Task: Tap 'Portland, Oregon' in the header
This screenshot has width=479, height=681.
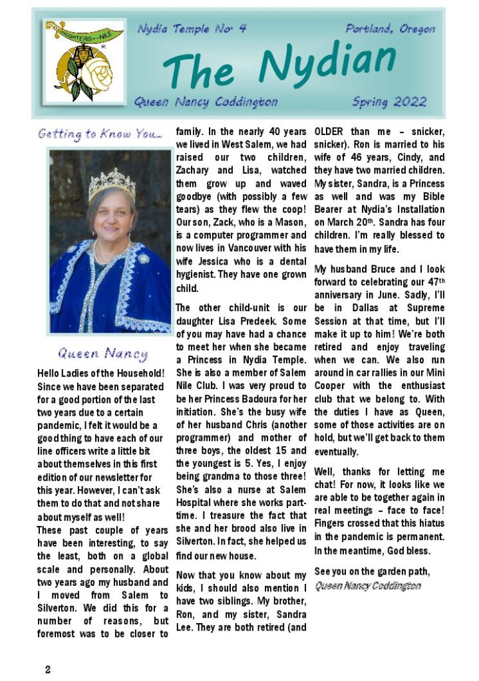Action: point(391,29)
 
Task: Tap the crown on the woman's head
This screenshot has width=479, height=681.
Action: point(112,183)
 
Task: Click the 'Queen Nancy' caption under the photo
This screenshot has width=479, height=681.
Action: point(102,353)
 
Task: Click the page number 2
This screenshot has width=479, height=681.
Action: point(48,669)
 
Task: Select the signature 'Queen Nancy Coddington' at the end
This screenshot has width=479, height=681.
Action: point(367,585)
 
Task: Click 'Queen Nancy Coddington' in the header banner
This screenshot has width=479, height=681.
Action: point(206,102)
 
